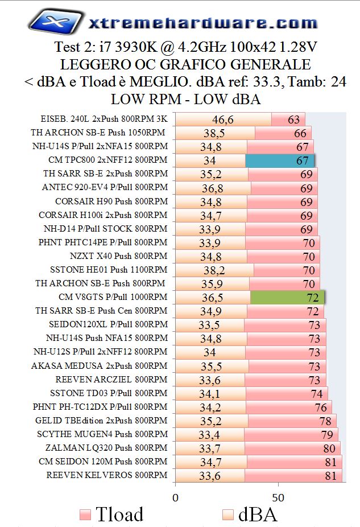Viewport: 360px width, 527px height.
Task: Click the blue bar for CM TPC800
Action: pyautogui.click(x=279, y=160)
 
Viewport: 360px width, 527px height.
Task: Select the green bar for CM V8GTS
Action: pyautogui.click(x=287, y=298)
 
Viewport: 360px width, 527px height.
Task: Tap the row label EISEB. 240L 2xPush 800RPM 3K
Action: pyautogui.click(x=104, y=119)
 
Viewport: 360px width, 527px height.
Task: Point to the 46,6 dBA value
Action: pyautogui.click(x=207, y=120)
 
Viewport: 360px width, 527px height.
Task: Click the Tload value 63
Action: pyautogui.click(x=293, y=120)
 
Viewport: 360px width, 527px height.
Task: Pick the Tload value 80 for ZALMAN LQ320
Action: pyautogui.click(x=329, y=448)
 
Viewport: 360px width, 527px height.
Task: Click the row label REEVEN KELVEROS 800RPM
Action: pyautogui.click(x=107, y=475)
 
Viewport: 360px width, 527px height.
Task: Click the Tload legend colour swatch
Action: pyautogui.click(x=85, y=515)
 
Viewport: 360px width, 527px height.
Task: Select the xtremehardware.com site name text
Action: pyautogui.click(x=203, y=23)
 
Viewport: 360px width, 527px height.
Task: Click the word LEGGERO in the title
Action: pyautogui.click(x=85, y=64)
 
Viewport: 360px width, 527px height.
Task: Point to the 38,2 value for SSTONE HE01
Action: pyautogui.click(x=214, y=270)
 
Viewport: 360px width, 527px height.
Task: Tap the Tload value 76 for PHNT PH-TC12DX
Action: pyautogui.click(x=321, y=407)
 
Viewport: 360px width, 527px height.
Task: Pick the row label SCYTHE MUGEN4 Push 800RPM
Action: pyautogui.click(x=101, y=434)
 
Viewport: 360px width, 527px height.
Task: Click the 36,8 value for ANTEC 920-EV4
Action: pyautogui.click(x=212, y=188)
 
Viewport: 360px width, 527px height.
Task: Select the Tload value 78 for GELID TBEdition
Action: pyautogui.click(x=325, y=421)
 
